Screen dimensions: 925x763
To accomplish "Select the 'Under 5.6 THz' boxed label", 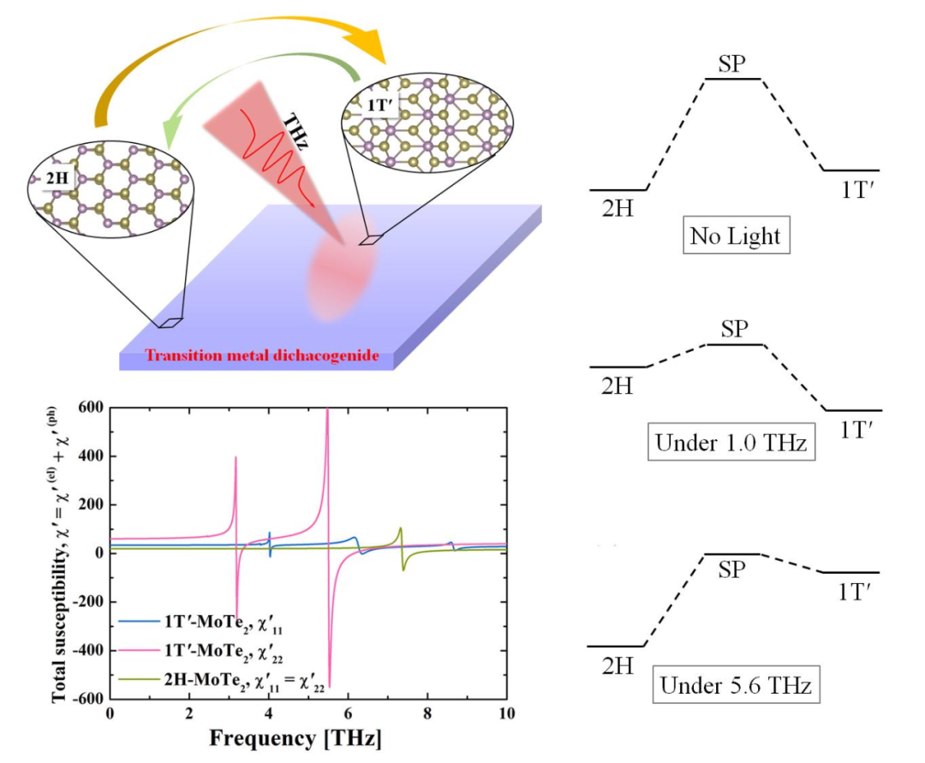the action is pyautogui.click(x=734, y=685).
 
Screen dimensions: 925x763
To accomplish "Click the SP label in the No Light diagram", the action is pyautogui.click(x=733, y=63).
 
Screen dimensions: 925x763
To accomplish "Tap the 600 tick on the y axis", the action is pyautogui.click(x=90, y=408).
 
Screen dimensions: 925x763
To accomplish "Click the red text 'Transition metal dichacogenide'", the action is pyautogui.click(x=262, y=355).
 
